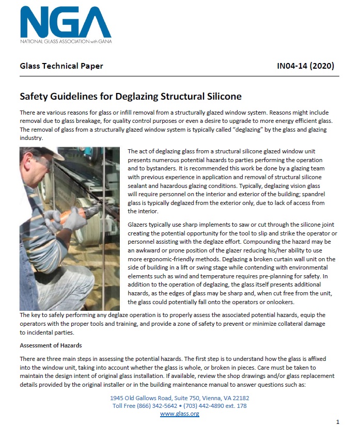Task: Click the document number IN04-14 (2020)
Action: pyautogui.click(x=305, y=66)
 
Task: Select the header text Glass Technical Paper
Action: pyautogui.click(x=61, y=66)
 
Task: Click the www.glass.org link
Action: pyautogui.click(x=179, y=414)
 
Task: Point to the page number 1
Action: pyautogui.click(x=337, y=421)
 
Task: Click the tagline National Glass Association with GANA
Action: pyautogui.click(x=66, y=41)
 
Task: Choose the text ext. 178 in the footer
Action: pyautogui.click(x=237, y=406)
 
